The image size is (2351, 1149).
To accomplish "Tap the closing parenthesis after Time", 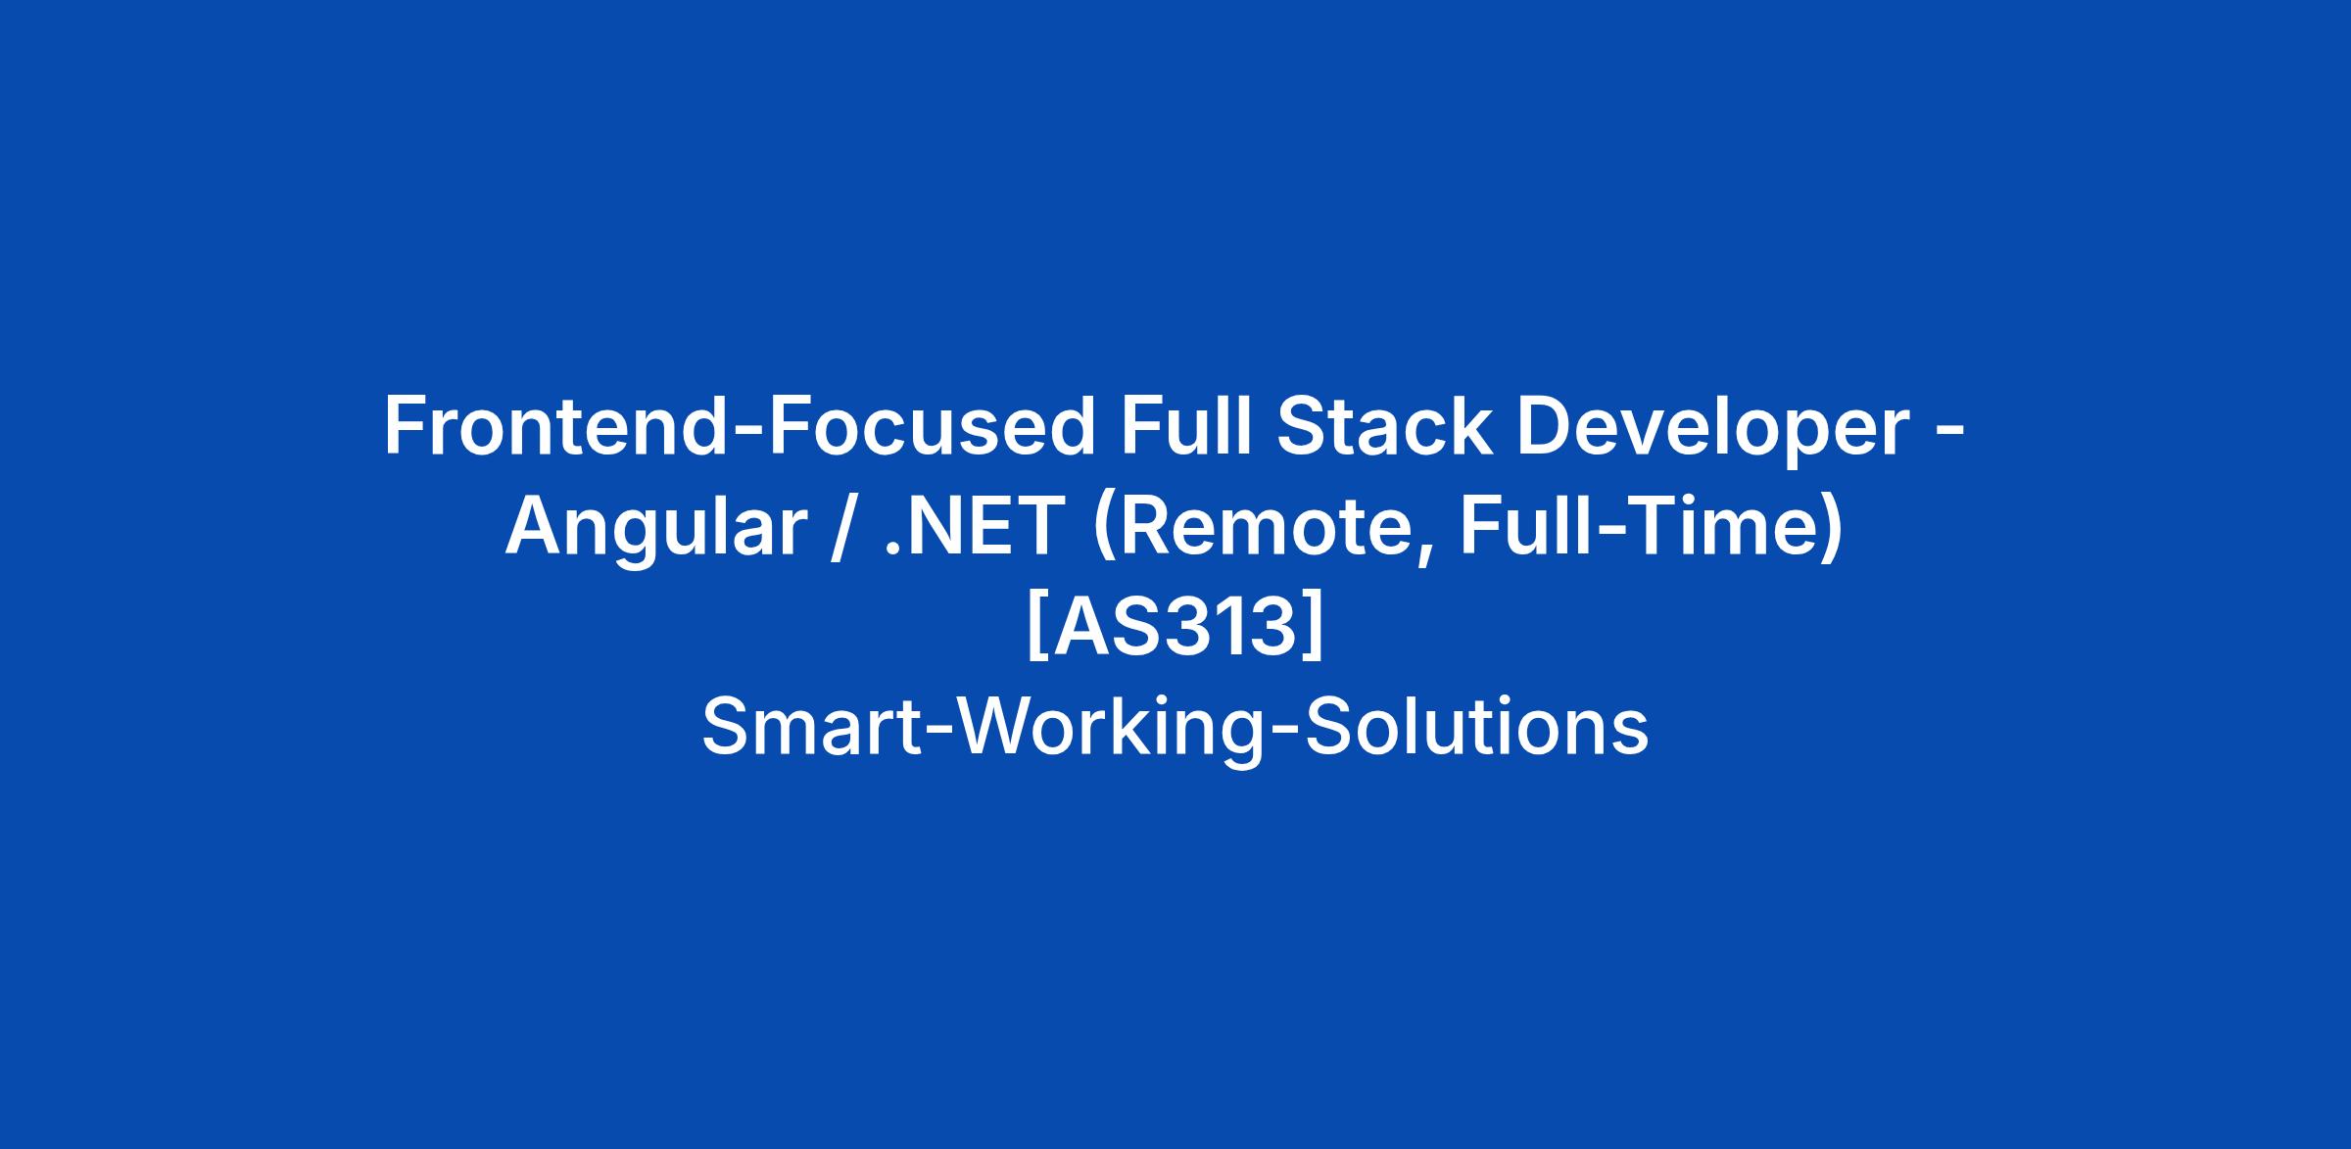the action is click(1833, 529).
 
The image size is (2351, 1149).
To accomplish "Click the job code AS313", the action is click(1175, 628).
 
